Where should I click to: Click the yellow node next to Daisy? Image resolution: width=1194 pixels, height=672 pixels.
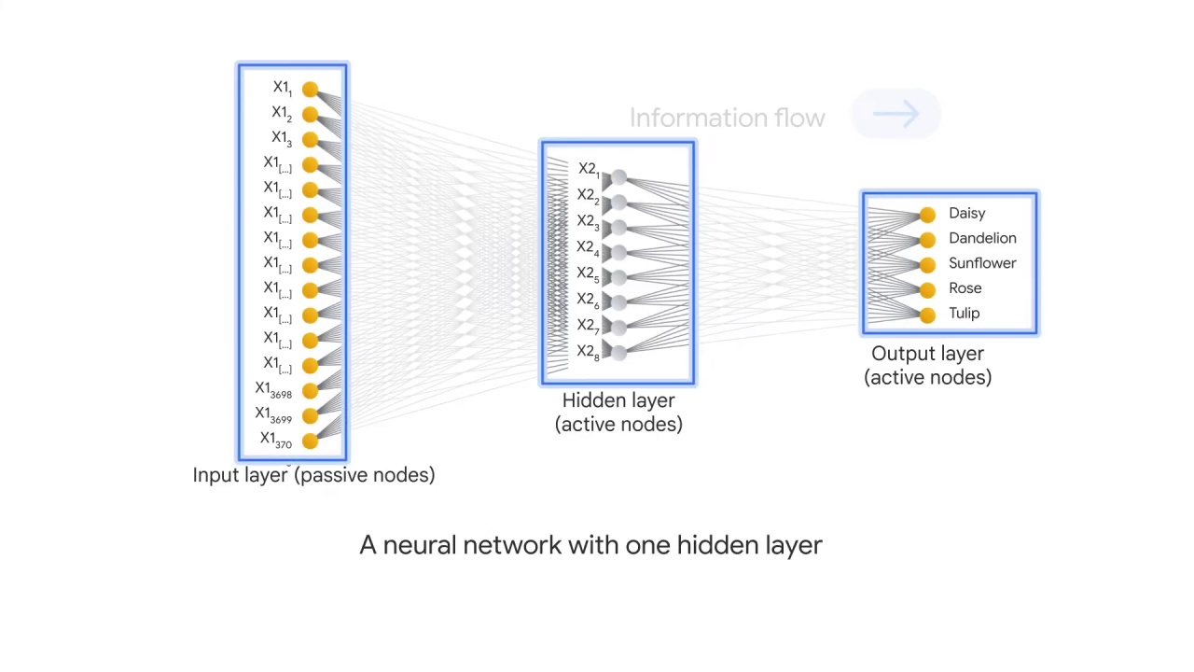pyautogui.click(x=926, y=215)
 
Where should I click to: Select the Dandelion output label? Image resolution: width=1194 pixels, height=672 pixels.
pyautogui.click(x=981, y=238)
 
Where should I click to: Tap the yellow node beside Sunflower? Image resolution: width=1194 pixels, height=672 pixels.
pyautogui.click(x=926, y=265)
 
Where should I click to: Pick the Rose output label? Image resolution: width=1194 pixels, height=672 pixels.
pyautogui.click(x=965, y=288)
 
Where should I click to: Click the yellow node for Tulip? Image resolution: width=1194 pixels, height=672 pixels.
pyautogui.click(x=926, y=315)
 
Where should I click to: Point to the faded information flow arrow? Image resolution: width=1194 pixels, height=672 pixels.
pyautogui.click(x=895, y=114)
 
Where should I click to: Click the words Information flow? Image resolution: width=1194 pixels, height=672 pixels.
pyautogui.click(x=727, y=119)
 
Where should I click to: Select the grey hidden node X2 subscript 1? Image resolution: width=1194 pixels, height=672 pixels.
pyautogui.click(x=618, y=176)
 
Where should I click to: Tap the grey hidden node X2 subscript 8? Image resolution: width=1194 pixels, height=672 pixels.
pyautogui.click(x=618, y=351)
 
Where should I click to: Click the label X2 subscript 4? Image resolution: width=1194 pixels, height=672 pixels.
pyautogui.click(x=588, y=248)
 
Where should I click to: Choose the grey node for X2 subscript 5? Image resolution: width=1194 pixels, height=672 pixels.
pyautogui.click(x=618, y=277)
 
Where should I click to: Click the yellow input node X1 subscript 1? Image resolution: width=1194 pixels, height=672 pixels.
pyautogui.click(x=310, y=90)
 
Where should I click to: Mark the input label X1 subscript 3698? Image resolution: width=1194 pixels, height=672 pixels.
pyautogui.click(x=273, y=389)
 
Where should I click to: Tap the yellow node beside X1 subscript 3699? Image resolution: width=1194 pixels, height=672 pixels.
pyautogui.click(x=310, y=416)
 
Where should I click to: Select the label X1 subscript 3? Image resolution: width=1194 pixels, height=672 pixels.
pyautogui.click(x=282, y=138)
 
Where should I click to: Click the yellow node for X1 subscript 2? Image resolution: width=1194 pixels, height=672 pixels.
pyautogui.click(x=310, y=115)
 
